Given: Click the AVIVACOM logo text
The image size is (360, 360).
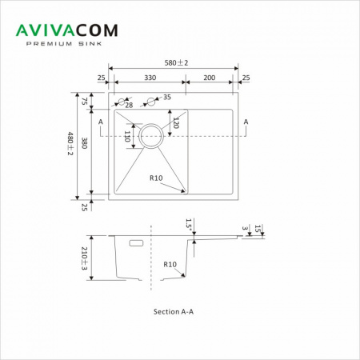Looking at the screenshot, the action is [x=66, y=30].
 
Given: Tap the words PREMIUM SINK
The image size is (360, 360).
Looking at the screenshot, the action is [x=64, y=44].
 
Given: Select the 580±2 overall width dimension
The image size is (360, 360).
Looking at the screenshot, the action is [x=176, y=63].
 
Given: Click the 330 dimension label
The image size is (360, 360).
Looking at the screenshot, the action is [x=150, y=78].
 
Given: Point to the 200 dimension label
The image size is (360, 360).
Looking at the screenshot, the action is [x=210, y=78].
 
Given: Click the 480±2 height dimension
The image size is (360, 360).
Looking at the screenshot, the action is [x=70, y=143].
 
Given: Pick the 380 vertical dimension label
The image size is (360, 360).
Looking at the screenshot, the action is [x=84, y=143].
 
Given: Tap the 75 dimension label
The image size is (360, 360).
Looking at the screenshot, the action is [x=84, y=101].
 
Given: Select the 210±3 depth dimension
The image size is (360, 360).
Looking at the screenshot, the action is [x=84, y=258].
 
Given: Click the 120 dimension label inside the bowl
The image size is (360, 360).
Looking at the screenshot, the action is [x=176, y=122].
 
